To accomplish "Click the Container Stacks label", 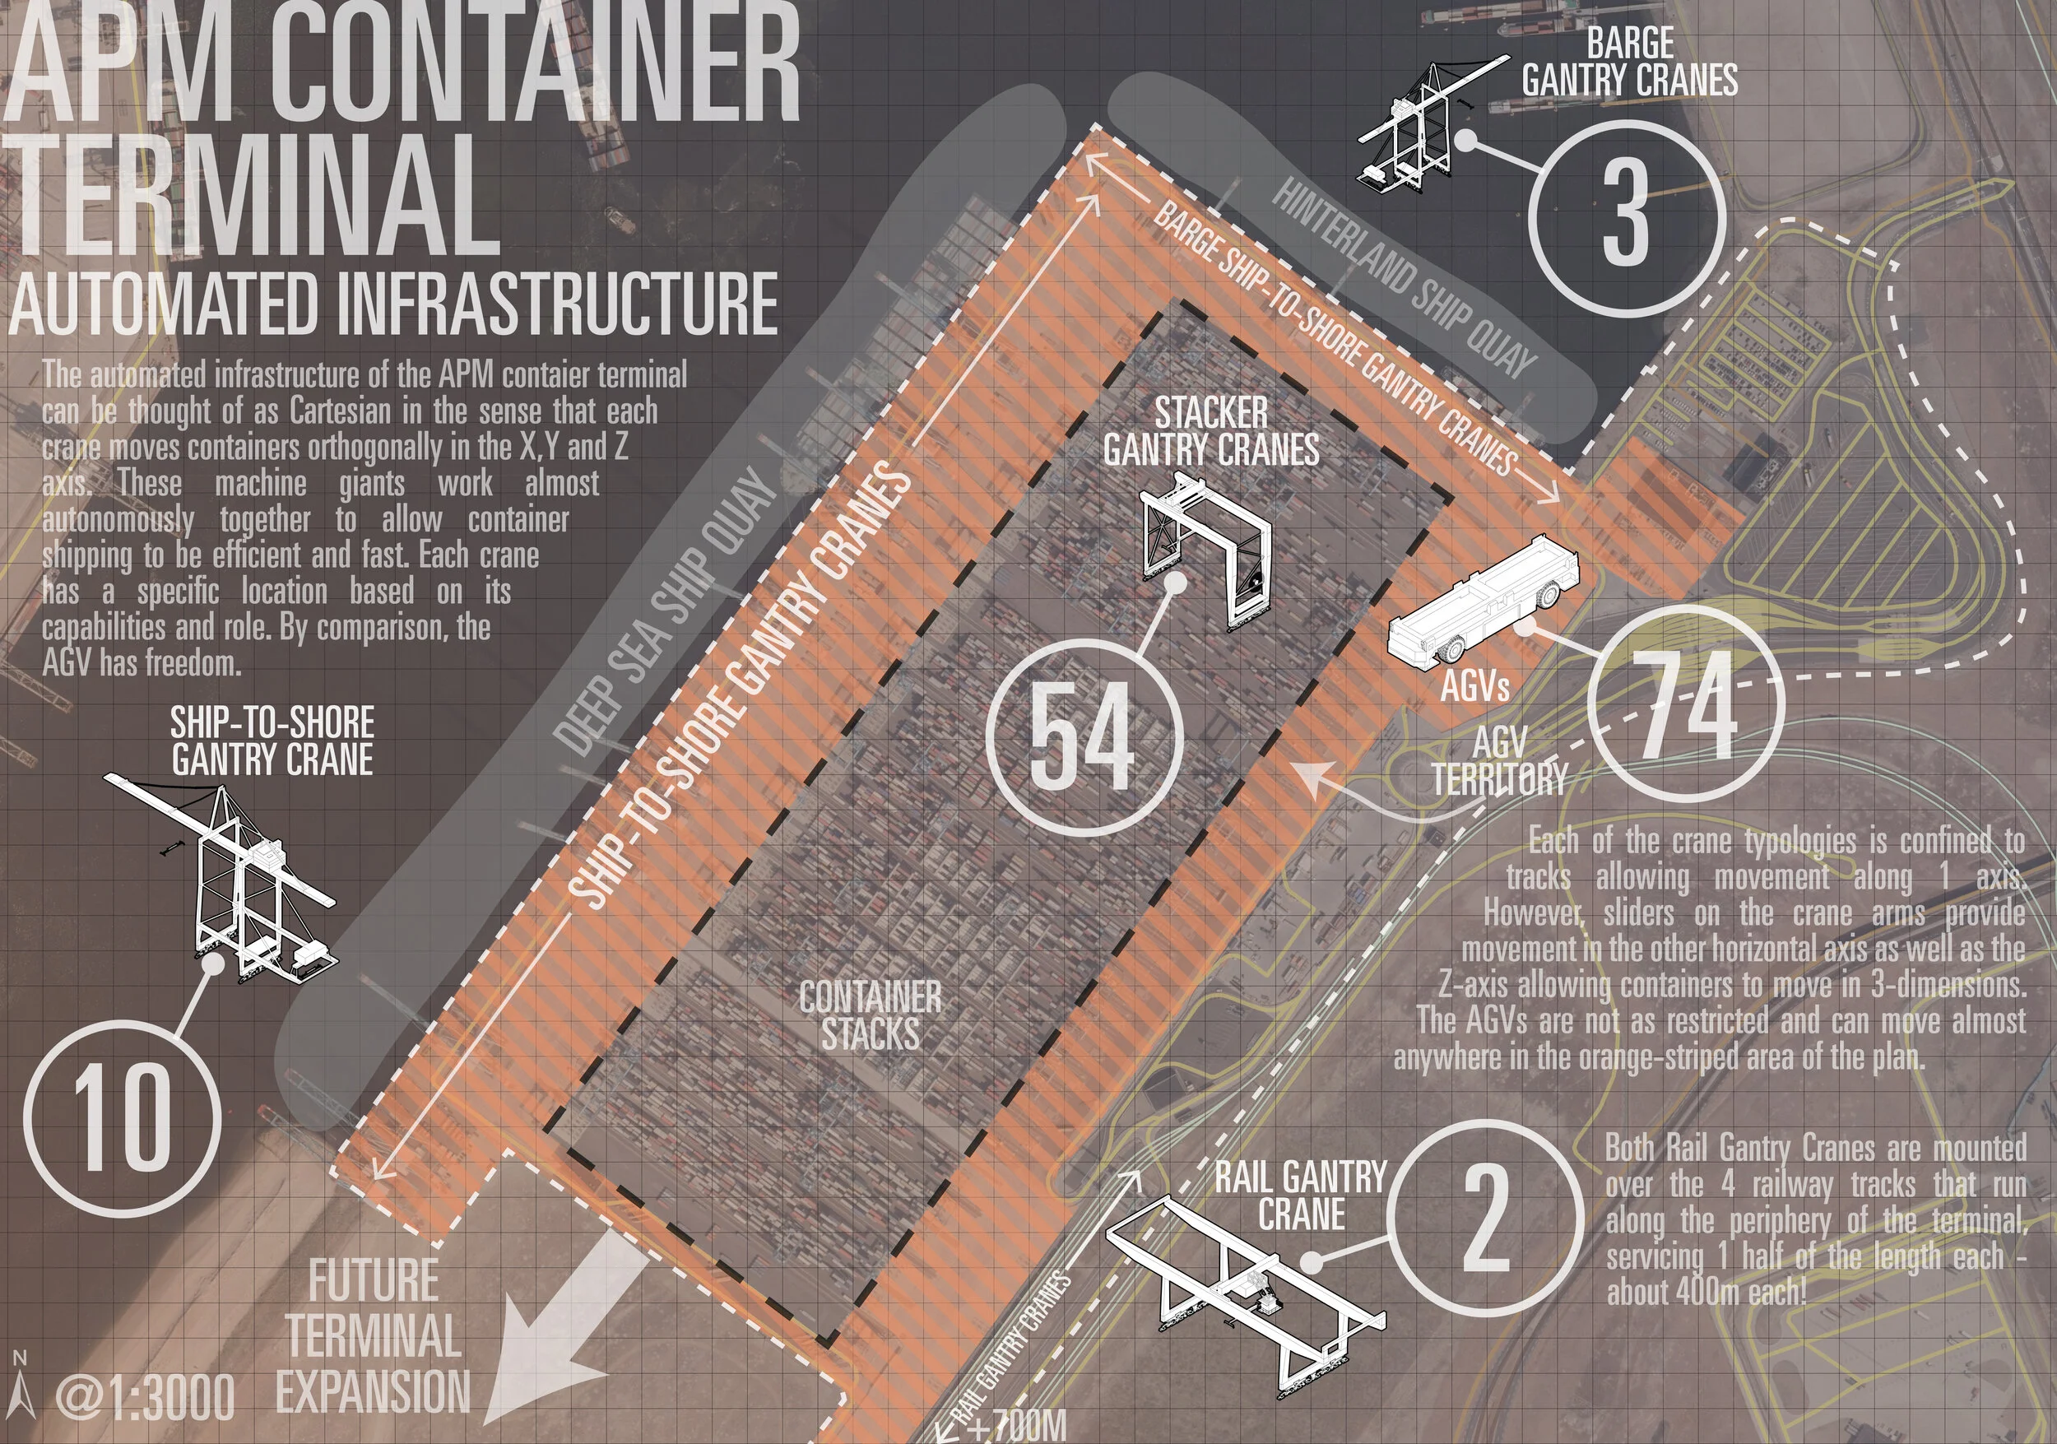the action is (870, 1015).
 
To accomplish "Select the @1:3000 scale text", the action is (145, 1395).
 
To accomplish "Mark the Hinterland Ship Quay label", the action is (1405, 278).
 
